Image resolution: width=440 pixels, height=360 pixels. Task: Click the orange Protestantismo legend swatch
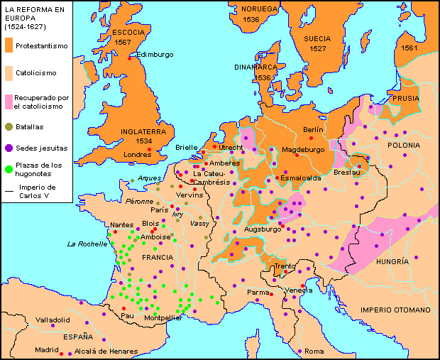point(9,46)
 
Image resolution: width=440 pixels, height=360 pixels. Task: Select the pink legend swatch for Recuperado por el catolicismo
point(9,100)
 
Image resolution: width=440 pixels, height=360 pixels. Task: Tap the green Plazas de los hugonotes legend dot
point(9,169)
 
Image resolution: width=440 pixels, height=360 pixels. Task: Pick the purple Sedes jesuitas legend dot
point(9,148)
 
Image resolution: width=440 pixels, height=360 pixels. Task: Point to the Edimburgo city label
point(154,54)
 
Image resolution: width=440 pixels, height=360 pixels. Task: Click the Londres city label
point(137,154)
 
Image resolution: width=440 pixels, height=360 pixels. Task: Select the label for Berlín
point(313,129)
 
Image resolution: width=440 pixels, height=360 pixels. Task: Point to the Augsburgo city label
point(263,229)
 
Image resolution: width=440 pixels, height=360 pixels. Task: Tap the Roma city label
point(314,351)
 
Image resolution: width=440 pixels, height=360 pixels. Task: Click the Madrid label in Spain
point(47,349)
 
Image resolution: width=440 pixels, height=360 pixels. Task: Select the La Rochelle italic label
point(87,244)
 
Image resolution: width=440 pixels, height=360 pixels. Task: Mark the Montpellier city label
point(163,318)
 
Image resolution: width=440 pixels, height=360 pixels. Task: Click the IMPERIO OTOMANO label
point(395,310)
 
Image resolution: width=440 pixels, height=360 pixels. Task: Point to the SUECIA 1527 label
point(318,43)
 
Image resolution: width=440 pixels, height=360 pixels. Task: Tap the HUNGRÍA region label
point(392,261)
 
